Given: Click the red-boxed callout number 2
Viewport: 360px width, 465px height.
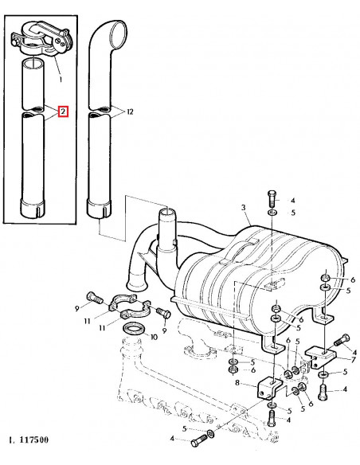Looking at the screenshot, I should click(x=63, y=112).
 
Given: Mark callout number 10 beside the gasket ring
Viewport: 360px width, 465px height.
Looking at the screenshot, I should click(x=154, y=337).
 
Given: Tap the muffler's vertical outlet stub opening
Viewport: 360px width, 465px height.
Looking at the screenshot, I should click(x=168, y=212).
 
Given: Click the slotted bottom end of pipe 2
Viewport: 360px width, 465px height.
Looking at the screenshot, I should click(x=34, y=209).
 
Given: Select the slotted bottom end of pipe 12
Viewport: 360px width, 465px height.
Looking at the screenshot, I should click(x=98, y=210).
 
